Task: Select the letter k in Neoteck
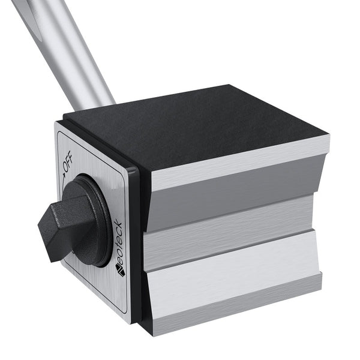click(118, 227)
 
